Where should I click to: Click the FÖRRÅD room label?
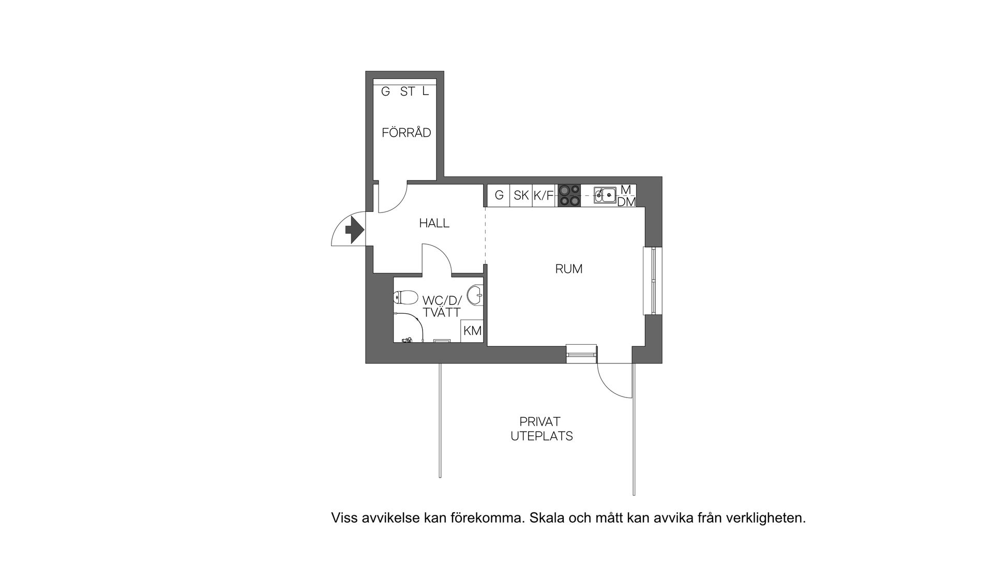(x=406, y=133)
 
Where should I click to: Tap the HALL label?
(x=434, y=223)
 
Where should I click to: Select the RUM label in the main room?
(x=568, y=269)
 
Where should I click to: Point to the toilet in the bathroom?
(x=406, y=298)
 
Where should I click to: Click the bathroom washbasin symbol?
(x=475, y=296)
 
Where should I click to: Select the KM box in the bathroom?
(x=472, y=331)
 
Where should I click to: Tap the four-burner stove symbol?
(x=569, y=196)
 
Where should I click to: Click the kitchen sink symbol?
(x=604, y=195)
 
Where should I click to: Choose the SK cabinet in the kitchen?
(x=521, y=195)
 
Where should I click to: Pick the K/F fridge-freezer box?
(x=543, y=195)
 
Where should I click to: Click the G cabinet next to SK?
(x=499, y=195)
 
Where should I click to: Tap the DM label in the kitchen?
(x=626, y=202)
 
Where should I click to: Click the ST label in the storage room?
(x=407, y=92)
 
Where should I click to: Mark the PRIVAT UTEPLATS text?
(x=541, y=429)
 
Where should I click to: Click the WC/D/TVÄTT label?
(x=441, y=307)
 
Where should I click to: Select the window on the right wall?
(x=653, y=281)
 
